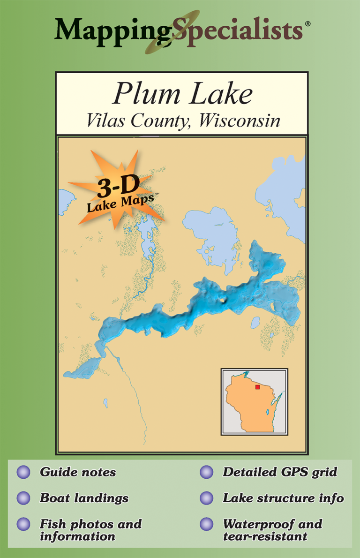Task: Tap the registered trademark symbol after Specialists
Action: pyautogui.click(x=307, y=23)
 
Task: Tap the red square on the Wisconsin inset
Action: pyautogui.click(x=257, y=387)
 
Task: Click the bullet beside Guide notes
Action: pyautogui.click(x=23, y=472)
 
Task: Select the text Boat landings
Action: pyautogui.click(x=84, y=498)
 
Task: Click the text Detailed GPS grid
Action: pyautogui.click(x=280, y=472)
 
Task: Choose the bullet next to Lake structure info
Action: pyautogui.click(x=206, y=498)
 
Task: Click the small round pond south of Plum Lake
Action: pyautogui.click(x=255, y=323)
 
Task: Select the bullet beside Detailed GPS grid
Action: pyautogui.click(x=206, y=472)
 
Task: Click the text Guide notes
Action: pyautogui.click(x=78, y=472)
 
